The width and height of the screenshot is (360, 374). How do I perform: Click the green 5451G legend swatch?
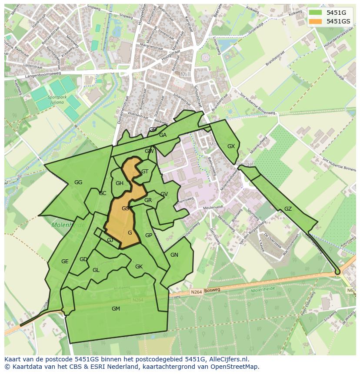click(x=316, y=13)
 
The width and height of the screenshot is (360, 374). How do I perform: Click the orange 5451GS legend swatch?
click(x=316, y=21)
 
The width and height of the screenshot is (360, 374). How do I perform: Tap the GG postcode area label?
click(x=78, y=182)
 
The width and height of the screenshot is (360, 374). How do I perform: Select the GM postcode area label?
click(x=116, y=309)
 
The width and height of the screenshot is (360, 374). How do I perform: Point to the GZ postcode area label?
click(x=288, y=209)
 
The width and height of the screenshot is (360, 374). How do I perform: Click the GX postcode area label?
click(x=231, y=146)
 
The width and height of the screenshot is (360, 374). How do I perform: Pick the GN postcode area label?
click(x=174, y=255)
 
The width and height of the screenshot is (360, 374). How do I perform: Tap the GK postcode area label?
click(x=139, y=267)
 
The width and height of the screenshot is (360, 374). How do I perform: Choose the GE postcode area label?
click(x=65, y=261)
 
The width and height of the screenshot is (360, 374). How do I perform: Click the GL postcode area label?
click(x=96, y=270)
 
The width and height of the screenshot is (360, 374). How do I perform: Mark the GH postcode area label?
click(x=120, y=183)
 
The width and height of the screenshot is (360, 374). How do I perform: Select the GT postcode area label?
click(x=145, y=172)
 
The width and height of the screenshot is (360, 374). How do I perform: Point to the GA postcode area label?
click(x=163, y=135)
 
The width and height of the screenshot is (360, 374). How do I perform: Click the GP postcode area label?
click(x=149, y=235)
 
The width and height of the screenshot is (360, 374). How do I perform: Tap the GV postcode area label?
click(x=164, y=194)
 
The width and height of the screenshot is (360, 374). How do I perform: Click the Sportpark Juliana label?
click(x=57, y=100)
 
